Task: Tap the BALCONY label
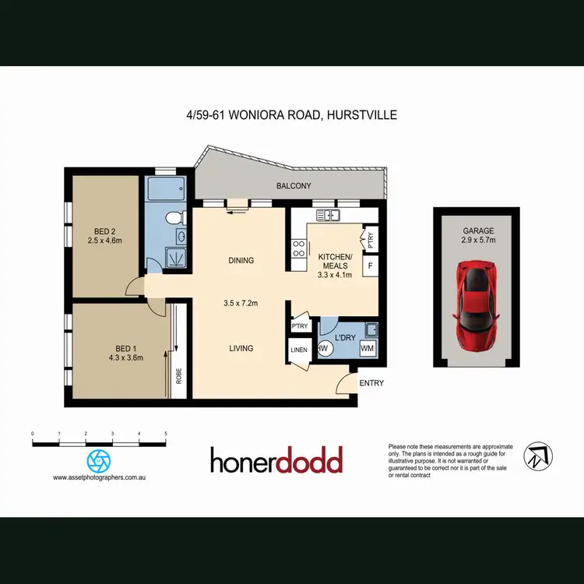[x=294, y=186]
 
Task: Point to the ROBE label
[x=179, y=377]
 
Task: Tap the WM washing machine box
[x=367, y=348]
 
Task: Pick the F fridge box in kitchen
[x=370, y=266]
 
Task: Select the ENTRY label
[x=371, y=383]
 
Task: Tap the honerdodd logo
[x=276, y=461]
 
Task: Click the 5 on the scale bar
[x=166, y=432]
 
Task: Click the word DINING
[x=241, y=261]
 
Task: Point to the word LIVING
[x=241, y=348]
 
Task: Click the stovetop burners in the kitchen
[x=297, y=248]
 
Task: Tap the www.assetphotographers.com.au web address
[x=99, y=477]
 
